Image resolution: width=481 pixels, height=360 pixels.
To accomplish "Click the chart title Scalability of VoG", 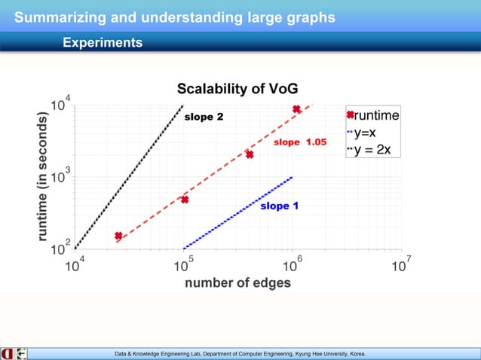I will (x=231, y=89).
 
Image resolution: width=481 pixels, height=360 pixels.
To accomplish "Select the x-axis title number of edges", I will (x=237, y=283).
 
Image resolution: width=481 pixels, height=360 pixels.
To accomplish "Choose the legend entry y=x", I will (x=369, y=133).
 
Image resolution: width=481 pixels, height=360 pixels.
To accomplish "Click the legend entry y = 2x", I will (x=371, y=149).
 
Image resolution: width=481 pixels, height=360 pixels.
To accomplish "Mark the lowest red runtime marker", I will (x=118, y=236).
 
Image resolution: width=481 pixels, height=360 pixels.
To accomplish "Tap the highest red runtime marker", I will (x=297, y=109).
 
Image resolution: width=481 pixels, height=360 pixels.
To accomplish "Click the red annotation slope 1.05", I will (x=299, y=142).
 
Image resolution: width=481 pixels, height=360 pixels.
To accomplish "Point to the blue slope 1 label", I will (x=279, y=206).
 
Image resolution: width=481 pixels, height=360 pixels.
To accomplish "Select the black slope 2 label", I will (x=204, y=117).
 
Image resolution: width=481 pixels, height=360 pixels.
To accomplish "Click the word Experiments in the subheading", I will (x=102, y=43).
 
